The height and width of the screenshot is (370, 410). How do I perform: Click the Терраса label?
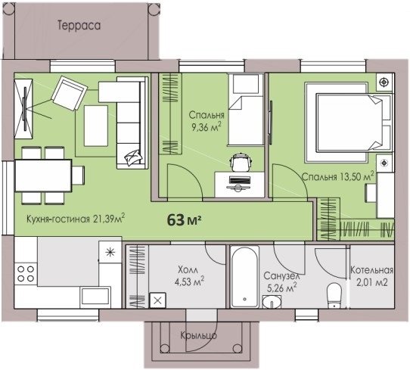[79, 26]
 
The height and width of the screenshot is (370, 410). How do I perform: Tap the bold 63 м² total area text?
[184, 219]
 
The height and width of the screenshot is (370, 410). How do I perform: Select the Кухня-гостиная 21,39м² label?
[76, 219]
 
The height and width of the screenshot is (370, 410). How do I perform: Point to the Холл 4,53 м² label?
[189, 276]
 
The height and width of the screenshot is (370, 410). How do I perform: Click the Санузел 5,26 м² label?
[281, 282]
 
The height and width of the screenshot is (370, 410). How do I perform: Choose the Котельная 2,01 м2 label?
[372, 276]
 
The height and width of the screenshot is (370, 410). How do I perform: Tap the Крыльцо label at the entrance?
[198, 335]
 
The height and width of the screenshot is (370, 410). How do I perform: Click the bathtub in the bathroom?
[245, 277]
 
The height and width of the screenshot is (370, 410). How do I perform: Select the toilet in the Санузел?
[334, 296]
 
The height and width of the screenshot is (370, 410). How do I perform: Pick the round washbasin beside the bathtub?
[272, 302]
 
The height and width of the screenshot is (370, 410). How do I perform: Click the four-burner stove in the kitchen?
[26, 273]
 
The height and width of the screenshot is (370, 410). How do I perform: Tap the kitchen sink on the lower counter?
[95, 297]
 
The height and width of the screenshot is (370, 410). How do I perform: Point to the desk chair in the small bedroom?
[241, 162]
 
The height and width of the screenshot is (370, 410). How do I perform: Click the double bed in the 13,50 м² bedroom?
[353, 123]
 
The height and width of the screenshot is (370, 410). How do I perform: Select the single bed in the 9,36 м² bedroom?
[246, 109]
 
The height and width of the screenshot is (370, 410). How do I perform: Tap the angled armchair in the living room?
[70, 93]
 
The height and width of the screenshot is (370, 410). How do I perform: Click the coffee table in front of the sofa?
[96, 126]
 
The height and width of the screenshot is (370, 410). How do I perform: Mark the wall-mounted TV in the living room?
[25, 109]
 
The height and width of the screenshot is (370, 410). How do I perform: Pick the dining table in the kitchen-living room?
[43, 176]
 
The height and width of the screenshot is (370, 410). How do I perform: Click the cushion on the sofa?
[133, 157]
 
